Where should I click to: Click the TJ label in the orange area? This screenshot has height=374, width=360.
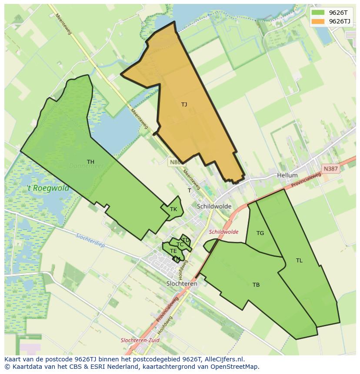tap(184, 104)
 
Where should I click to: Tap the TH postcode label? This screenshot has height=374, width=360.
tap(90, 162)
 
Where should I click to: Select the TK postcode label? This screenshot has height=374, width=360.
tap(173, 209)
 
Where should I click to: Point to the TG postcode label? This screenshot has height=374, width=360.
tap(260, 233)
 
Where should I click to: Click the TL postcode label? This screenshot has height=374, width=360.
tap(299, 261)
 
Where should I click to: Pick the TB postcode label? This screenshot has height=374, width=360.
tap(256, 285)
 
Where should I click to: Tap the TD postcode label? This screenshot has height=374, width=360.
tap(186, 240)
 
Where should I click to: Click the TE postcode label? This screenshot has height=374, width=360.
tap(173, 251)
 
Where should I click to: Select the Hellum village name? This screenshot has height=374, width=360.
tap(287, 175)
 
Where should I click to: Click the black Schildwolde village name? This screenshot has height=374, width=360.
tap(214, 206)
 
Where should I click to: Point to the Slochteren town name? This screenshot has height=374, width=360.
tap(182, 284)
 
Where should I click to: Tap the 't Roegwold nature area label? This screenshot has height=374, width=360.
tap(48, 188)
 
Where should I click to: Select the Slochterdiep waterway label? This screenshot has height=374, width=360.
tap(90, 241)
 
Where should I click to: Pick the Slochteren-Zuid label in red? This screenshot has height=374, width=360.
tap(139, 340)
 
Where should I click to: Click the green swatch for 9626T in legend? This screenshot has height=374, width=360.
tap(318, 13)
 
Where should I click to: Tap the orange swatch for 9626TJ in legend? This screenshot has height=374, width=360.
tap(318, 21)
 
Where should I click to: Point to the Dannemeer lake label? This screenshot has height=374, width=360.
tap(86, 166)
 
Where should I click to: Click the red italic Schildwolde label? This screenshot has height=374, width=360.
tap(223, 232)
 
